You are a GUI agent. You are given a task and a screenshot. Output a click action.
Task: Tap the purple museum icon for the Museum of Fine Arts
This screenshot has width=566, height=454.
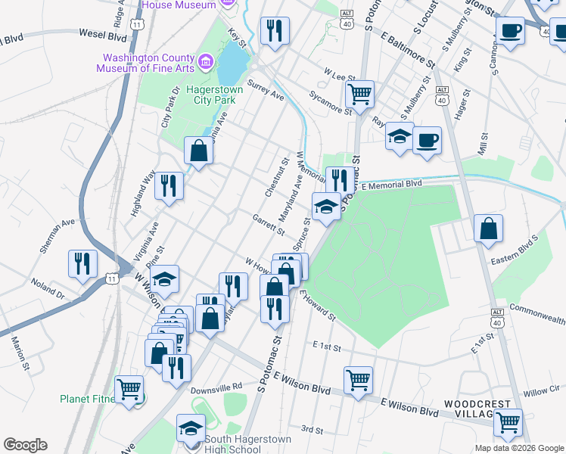tap(204, 61)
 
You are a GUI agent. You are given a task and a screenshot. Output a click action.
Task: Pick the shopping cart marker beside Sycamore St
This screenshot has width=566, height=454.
tap(359, 95)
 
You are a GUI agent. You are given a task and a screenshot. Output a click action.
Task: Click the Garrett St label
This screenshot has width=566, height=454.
tap(269, 223)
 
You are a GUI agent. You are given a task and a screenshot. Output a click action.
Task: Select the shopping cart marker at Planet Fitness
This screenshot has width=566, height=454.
tap(129, 390)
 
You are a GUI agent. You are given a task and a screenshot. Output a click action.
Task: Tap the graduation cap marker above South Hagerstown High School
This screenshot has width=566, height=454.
tap(191, 428)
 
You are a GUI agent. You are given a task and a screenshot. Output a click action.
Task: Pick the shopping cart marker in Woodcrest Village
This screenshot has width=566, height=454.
tap(508, 421)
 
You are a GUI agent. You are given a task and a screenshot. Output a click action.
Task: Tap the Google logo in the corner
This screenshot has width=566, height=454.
tap(24, 445)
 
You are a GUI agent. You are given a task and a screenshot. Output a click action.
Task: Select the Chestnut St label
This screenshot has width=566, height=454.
tap(276, 178)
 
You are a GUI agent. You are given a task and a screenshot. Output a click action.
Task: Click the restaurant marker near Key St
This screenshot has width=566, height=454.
tap(273, 31)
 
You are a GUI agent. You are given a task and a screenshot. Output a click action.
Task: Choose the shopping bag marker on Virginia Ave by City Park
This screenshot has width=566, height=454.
tap(198, 151)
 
